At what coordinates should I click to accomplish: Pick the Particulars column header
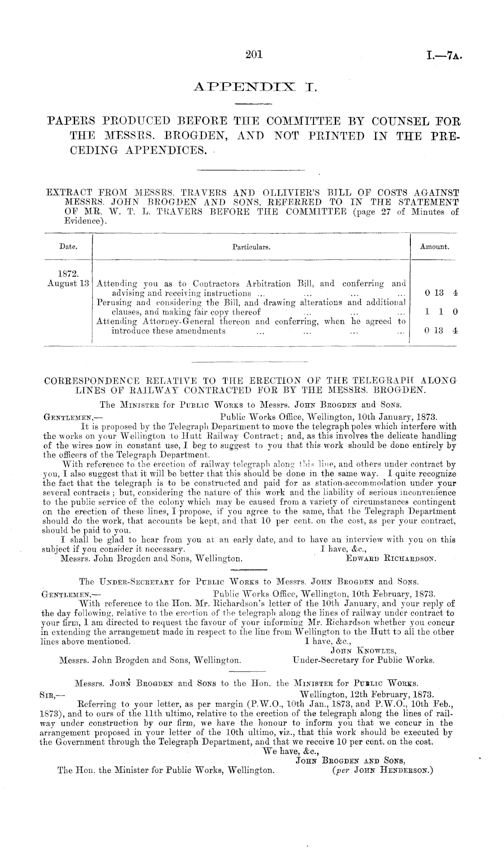click(x=251, y=247)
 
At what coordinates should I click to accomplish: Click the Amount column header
click(x=434, y=247)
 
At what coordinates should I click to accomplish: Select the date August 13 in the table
click(x=68, y=284)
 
